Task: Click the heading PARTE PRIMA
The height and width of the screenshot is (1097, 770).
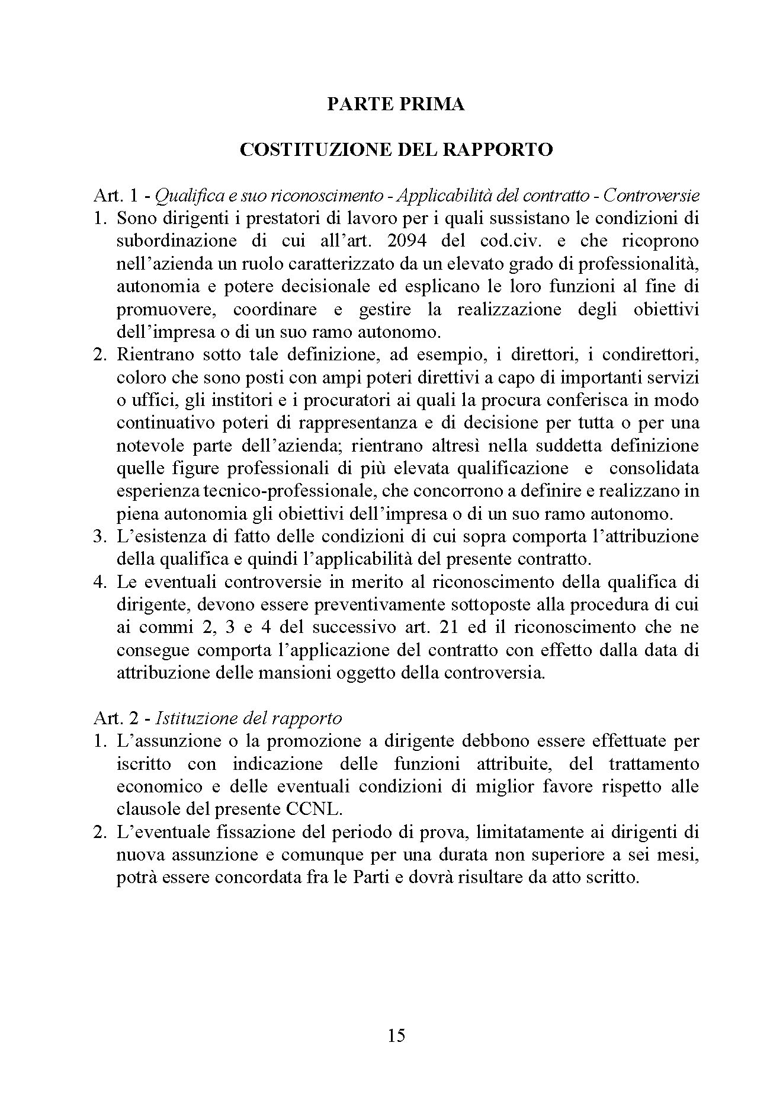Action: coord(396,104)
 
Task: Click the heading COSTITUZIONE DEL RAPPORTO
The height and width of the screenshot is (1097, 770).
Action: coord(396,149)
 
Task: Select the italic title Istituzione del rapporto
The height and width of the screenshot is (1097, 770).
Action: coord(249,718)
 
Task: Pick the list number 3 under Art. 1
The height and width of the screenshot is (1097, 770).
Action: coord(99,536)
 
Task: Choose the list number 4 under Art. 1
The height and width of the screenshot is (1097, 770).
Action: coord(99,582)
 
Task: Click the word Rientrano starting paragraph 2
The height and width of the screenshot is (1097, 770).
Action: coord(155,355)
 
